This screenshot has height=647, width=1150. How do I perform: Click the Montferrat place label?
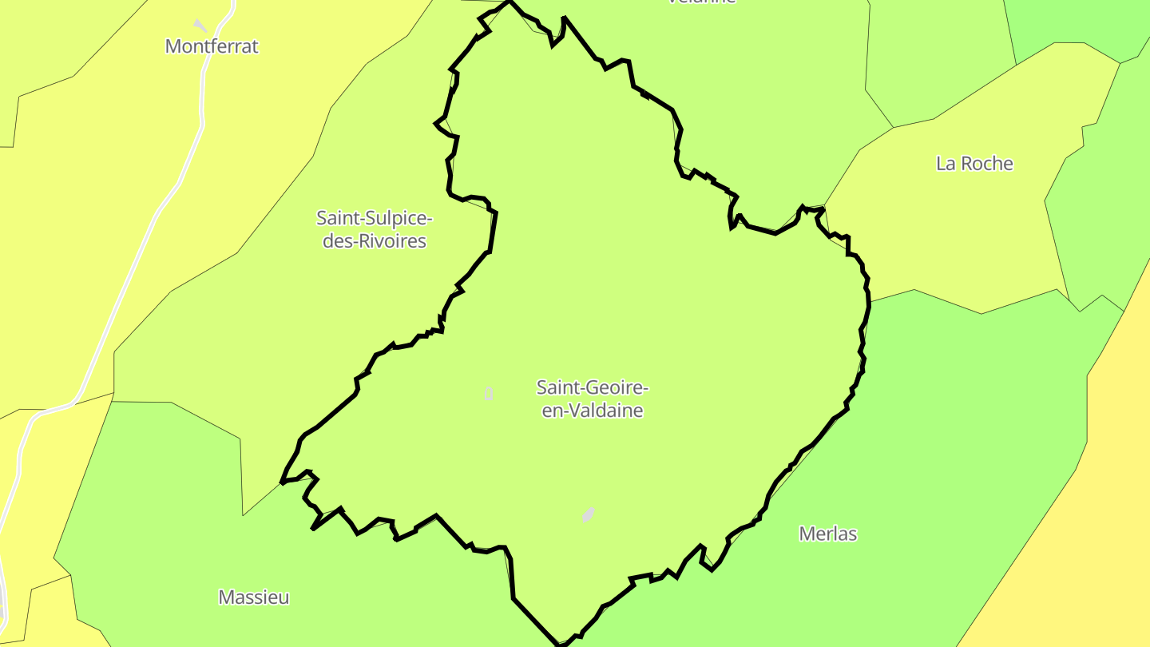[x=212, y=46]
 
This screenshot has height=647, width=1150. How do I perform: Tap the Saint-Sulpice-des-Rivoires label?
[x=374, y=229]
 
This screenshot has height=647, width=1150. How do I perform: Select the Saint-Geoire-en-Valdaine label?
[x=593, y=399]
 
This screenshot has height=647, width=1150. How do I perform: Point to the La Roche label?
[x=974, y=164]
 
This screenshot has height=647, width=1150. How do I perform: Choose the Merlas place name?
[x=828, y=534]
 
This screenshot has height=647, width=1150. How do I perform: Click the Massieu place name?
[x=254, y=597]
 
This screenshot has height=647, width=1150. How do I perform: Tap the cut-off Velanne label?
[x=701, y=2]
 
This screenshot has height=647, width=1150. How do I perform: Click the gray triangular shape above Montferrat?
[x=200, y=26]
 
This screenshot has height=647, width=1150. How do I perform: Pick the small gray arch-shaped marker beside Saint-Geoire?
[x=489, y=393]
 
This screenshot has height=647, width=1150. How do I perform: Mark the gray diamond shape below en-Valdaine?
[x=589, y=514]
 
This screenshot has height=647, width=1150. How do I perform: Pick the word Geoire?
[x=613, y=388]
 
